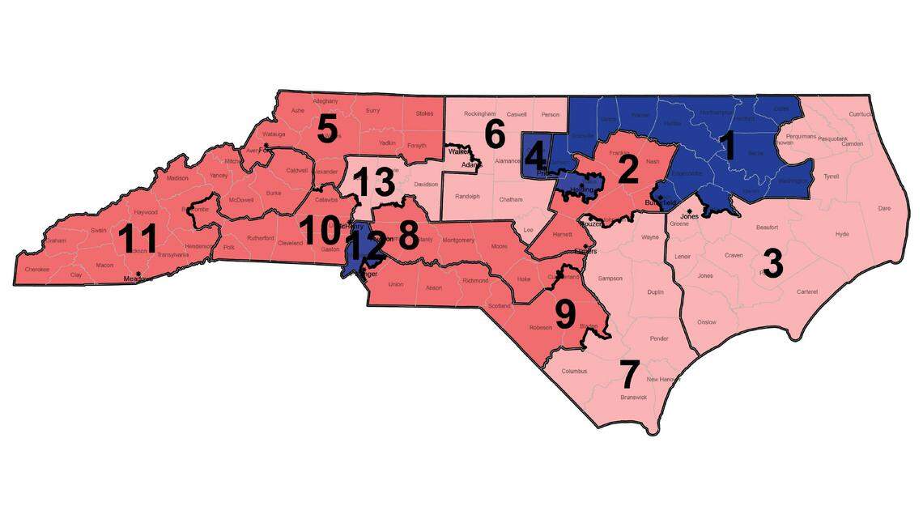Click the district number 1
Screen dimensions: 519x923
(x=726, y=147)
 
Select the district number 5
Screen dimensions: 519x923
(x=326, y=130)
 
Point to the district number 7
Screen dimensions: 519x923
(x=629, y=374)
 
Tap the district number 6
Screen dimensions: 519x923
(x=495, y=135)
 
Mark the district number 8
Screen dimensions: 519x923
(x=409, y=236)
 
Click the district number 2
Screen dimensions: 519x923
(x=625, y=171)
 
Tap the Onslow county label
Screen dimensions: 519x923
(x=706, y=322)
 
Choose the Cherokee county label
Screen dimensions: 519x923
(x=37, y=270)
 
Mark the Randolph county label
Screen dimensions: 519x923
(x=467, y=197)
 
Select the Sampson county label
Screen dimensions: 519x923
(x=610, y=279)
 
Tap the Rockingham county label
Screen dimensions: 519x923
(x=479, y=114)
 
